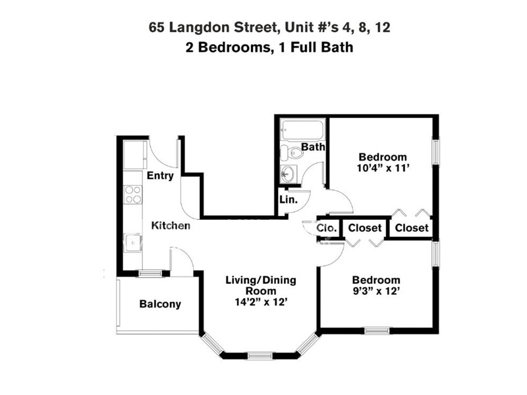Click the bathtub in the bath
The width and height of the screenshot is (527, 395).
click(301, 128)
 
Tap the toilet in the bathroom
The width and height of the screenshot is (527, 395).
click(292, 153)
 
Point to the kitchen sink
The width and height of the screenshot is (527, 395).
click(134, 243)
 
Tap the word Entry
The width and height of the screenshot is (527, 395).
click(160, 176)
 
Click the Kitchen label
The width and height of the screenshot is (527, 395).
click(171, 226)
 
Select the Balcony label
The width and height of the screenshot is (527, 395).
click(160, 304)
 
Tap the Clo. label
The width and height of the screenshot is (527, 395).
click(327, 228)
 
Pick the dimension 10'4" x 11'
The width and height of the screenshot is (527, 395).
click(382, 169)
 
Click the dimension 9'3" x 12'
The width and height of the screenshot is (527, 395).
click(375, 291)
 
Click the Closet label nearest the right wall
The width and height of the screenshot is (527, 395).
click(412, 228)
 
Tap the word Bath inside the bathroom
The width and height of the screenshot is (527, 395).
click(313, 147)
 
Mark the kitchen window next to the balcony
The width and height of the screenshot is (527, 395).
click(150, 273)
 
